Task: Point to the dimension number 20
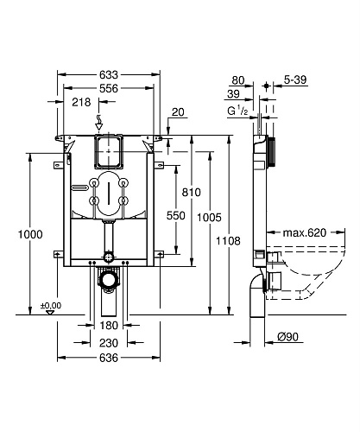(x=178, y=111)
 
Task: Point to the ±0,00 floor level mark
(x=51, y=305)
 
